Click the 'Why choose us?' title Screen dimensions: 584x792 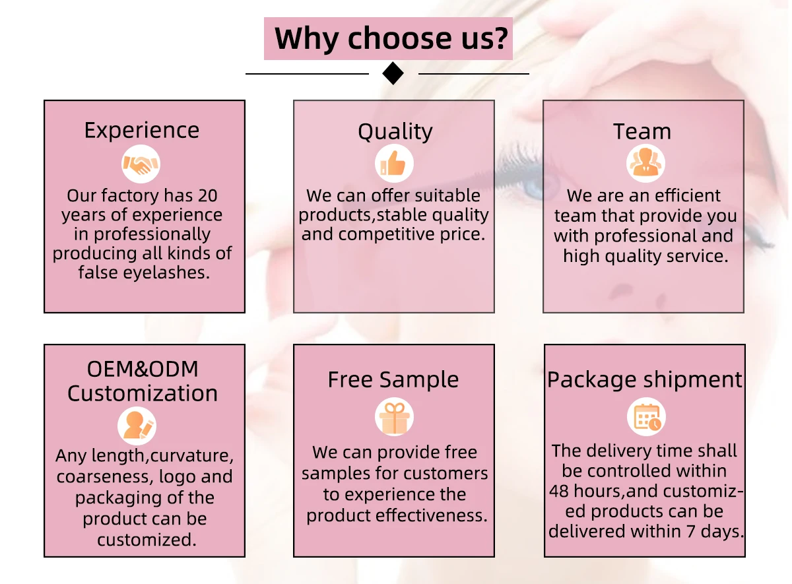392,38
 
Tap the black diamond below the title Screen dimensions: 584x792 393,73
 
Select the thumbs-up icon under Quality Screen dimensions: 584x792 394,164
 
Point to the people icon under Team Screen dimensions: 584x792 645,164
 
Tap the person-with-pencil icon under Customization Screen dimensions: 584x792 137,426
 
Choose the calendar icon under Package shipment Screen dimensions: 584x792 645,418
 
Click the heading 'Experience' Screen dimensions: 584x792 142,131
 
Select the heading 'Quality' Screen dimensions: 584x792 395,132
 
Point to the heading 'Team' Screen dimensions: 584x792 642,132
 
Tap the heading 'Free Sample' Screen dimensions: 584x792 393,380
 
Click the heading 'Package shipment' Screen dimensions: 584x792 644,380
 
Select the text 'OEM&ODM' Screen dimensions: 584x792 143,370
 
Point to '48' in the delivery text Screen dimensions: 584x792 560,492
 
